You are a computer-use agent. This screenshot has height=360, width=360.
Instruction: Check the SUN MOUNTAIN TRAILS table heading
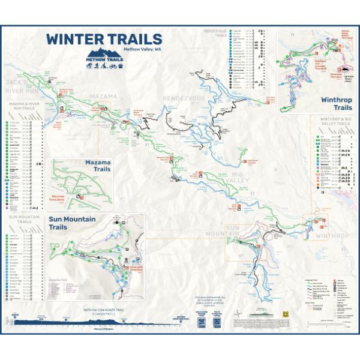21,218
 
